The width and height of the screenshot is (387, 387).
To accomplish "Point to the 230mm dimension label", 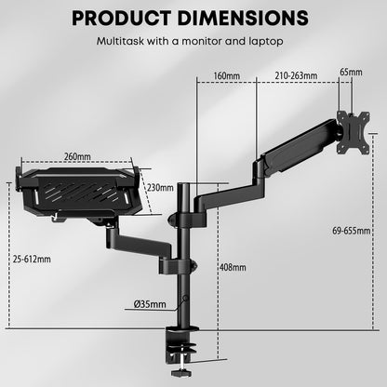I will point(161,187).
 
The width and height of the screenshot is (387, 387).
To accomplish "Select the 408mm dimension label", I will point(234,267).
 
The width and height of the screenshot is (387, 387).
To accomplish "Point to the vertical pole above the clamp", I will point(187,279).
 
